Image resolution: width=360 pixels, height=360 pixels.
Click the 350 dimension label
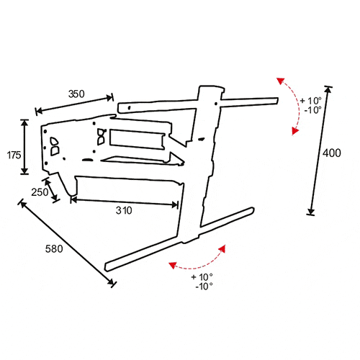(76, 94)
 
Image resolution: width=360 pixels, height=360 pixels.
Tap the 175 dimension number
(14, 156)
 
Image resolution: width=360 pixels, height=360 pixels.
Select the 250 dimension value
(40, 192)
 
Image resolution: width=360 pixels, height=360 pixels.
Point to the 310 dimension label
(124, 210)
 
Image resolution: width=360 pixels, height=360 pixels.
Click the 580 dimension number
(54, 249)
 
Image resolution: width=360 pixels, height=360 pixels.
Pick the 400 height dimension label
(331, 153)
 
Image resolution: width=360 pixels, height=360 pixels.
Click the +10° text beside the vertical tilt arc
(311, 101)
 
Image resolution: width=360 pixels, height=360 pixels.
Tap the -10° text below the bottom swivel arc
(204, 287)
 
